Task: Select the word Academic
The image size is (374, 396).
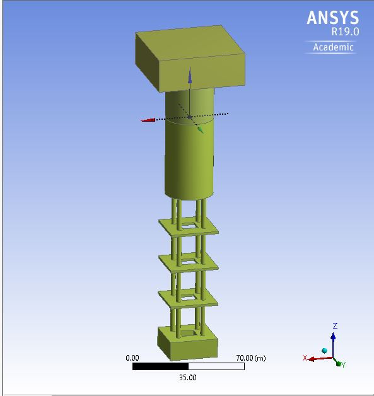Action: [334, 47]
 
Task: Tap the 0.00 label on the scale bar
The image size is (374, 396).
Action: [132, 358]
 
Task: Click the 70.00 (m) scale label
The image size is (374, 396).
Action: [250, 358]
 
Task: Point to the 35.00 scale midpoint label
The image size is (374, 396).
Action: [188, 378]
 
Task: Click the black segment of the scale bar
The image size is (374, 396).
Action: [160, 366]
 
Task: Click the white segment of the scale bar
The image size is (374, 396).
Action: [216, 366]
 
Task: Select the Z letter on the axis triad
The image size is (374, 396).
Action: [334, 326]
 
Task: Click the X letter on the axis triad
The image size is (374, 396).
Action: [305, 358]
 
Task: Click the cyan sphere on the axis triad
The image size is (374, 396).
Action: [325, 351]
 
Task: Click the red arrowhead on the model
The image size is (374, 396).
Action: [148, 120]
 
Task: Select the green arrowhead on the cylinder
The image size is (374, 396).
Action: [200, 130]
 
